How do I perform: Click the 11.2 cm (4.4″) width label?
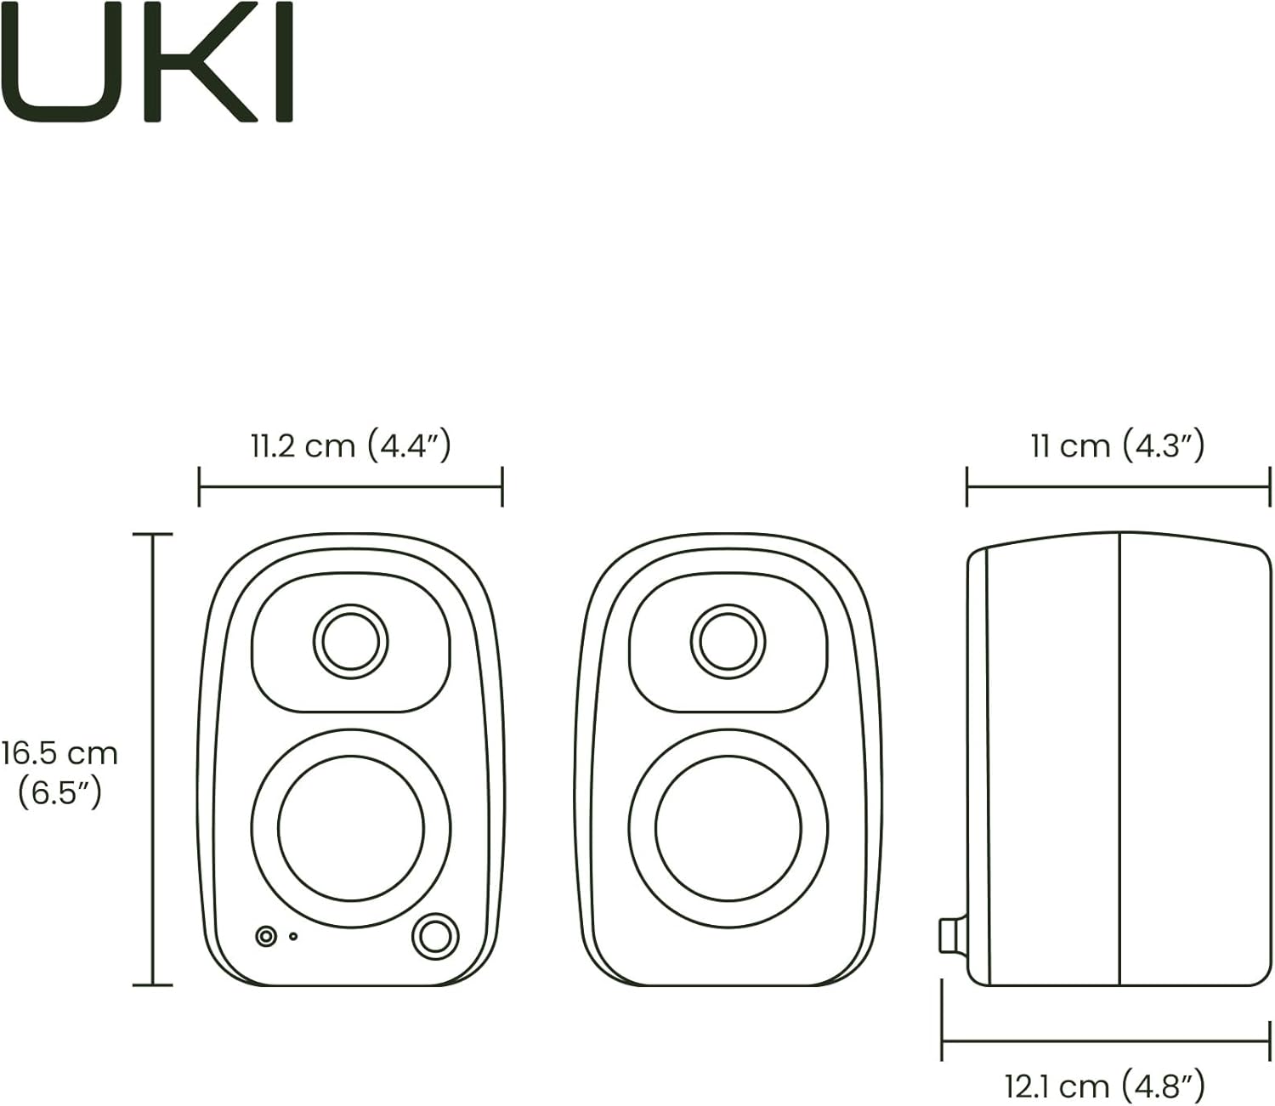350,445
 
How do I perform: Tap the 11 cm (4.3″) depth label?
1117,445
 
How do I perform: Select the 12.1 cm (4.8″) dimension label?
1104,1086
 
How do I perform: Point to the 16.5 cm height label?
59,753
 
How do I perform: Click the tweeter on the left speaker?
350,641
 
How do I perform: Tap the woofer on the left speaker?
350,828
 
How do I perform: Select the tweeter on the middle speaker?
728,641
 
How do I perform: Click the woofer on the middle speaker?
728,828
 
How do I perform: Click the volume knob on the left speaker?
435,936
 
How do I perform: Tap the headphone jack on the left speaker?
267,936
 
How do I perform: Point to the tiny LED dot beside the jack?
293,937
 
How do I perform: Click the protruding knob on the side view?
952,936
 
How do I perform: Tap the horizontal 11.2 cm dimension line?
350,487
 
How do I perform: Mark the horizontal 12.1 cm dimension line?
1105,1040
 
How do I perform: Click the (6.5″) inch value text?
59,793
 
